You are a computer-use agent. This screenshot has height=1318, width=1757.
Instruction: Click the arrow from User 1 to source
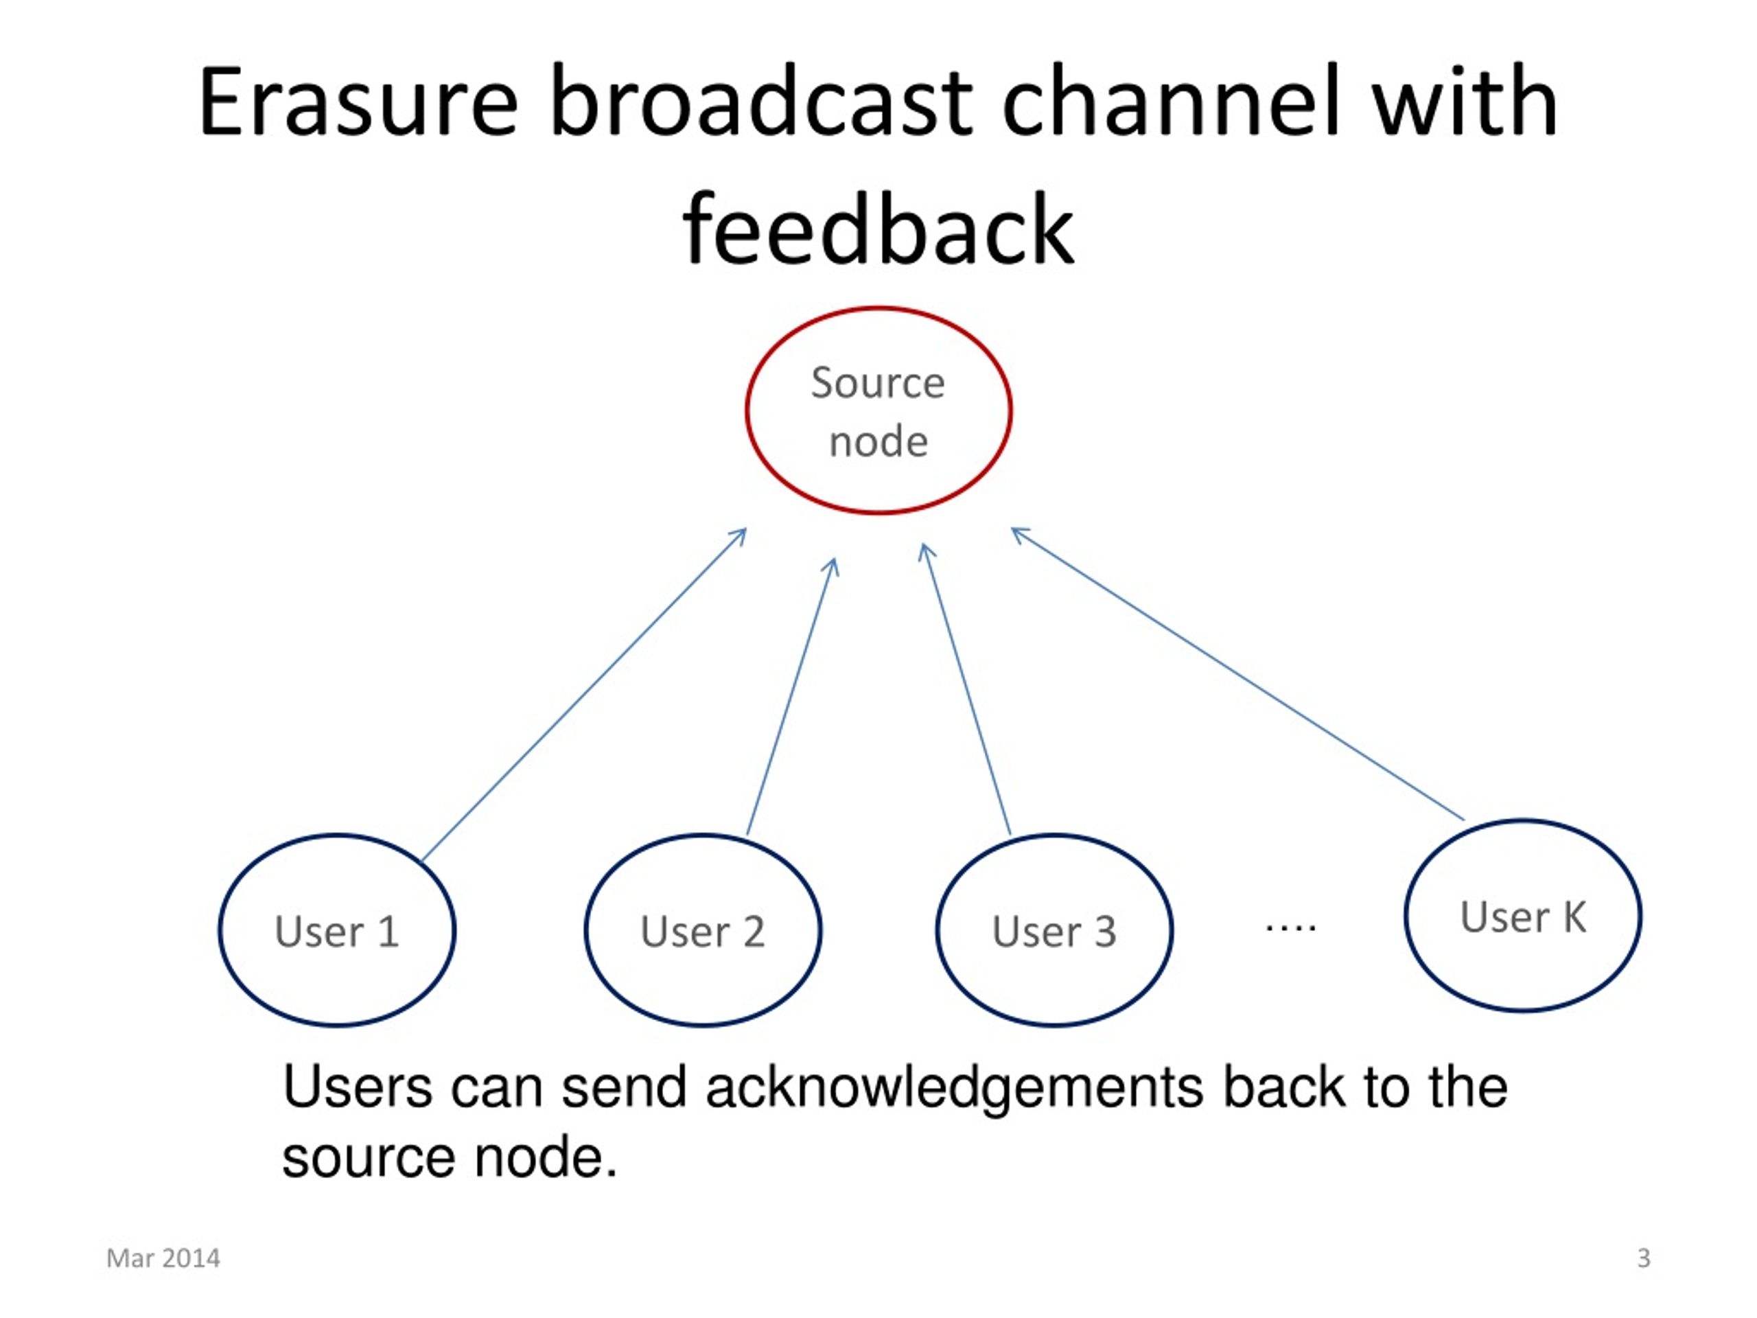click(584, 695)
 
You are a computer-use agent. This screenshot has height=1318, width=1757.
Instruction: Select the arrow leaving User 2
click(792, 696)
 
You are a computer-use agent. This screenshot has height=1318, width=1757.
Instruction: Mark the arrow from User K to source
click(1237, 673)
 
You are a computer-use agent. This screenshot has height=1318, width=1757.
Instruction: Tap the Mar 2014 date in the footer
click(163, 1258)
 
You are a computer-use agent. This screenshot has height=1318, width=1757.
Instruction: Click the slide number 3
click(1644, 1258)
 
